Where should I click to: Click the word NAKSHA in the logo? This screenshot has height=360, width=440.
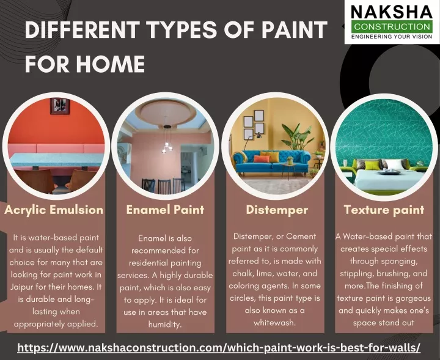(x=392, y=12)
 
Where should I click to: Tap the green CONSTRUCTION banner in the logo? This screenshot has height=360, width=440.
(x=392, y=27)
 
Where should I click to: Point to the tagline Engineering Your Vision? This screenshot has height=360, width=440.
(x=392, y=37)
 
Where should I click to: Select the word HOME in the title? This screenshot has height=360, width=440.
(x=110, y=64)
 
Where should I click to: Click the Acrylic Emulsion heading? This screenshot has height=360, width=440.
(x=54, y=210)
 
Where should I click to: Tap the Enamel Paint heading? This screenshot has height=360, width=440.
(x=165, y=210)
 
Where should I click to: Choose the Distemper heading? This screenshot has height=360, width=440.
(x=277, y=210)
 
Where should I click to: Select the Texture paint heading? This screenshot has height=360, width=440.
(x=384, y=210)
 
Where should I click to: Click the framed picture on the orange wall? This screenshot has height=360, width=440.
(x=60, y=106)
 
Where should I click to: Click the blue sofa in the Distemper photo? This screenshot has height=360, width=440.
(x=271, y=162)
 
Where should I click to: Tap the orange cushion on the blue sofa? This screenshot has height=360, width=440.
(x=262, y=159)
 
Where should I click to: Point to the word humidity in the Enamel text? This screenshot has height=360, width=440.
(x=165, y=325)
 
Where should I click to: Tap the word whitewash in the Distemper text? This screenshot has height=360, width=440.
(x=274, y=323)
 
